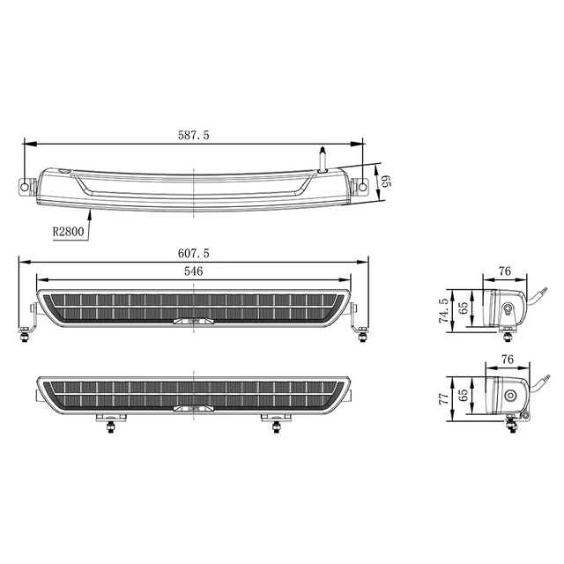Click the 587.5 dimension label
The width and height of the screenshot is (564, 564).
pos(193,135)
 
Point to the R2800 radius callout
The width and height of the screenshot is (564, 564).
pos(68,232)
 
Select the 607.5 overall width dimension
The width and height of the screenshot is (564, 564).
pos(193,253)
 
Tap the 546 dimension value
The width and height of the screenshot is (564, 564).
pos(193,271)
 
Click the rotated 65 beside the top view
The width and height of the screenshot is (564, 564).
pos(384,182)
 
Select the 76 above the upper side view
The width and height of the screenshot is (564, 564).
pos(506,272)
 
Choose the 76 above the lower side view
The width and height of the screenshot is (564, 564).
pos(506,359)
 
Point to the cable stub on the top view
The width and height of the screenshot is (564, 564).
pos(323,159)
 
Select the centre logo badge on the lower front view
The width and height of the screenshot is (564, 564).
pos(193,408)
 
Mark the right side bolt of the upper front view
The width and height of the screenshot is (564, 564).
pos(361,333)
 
